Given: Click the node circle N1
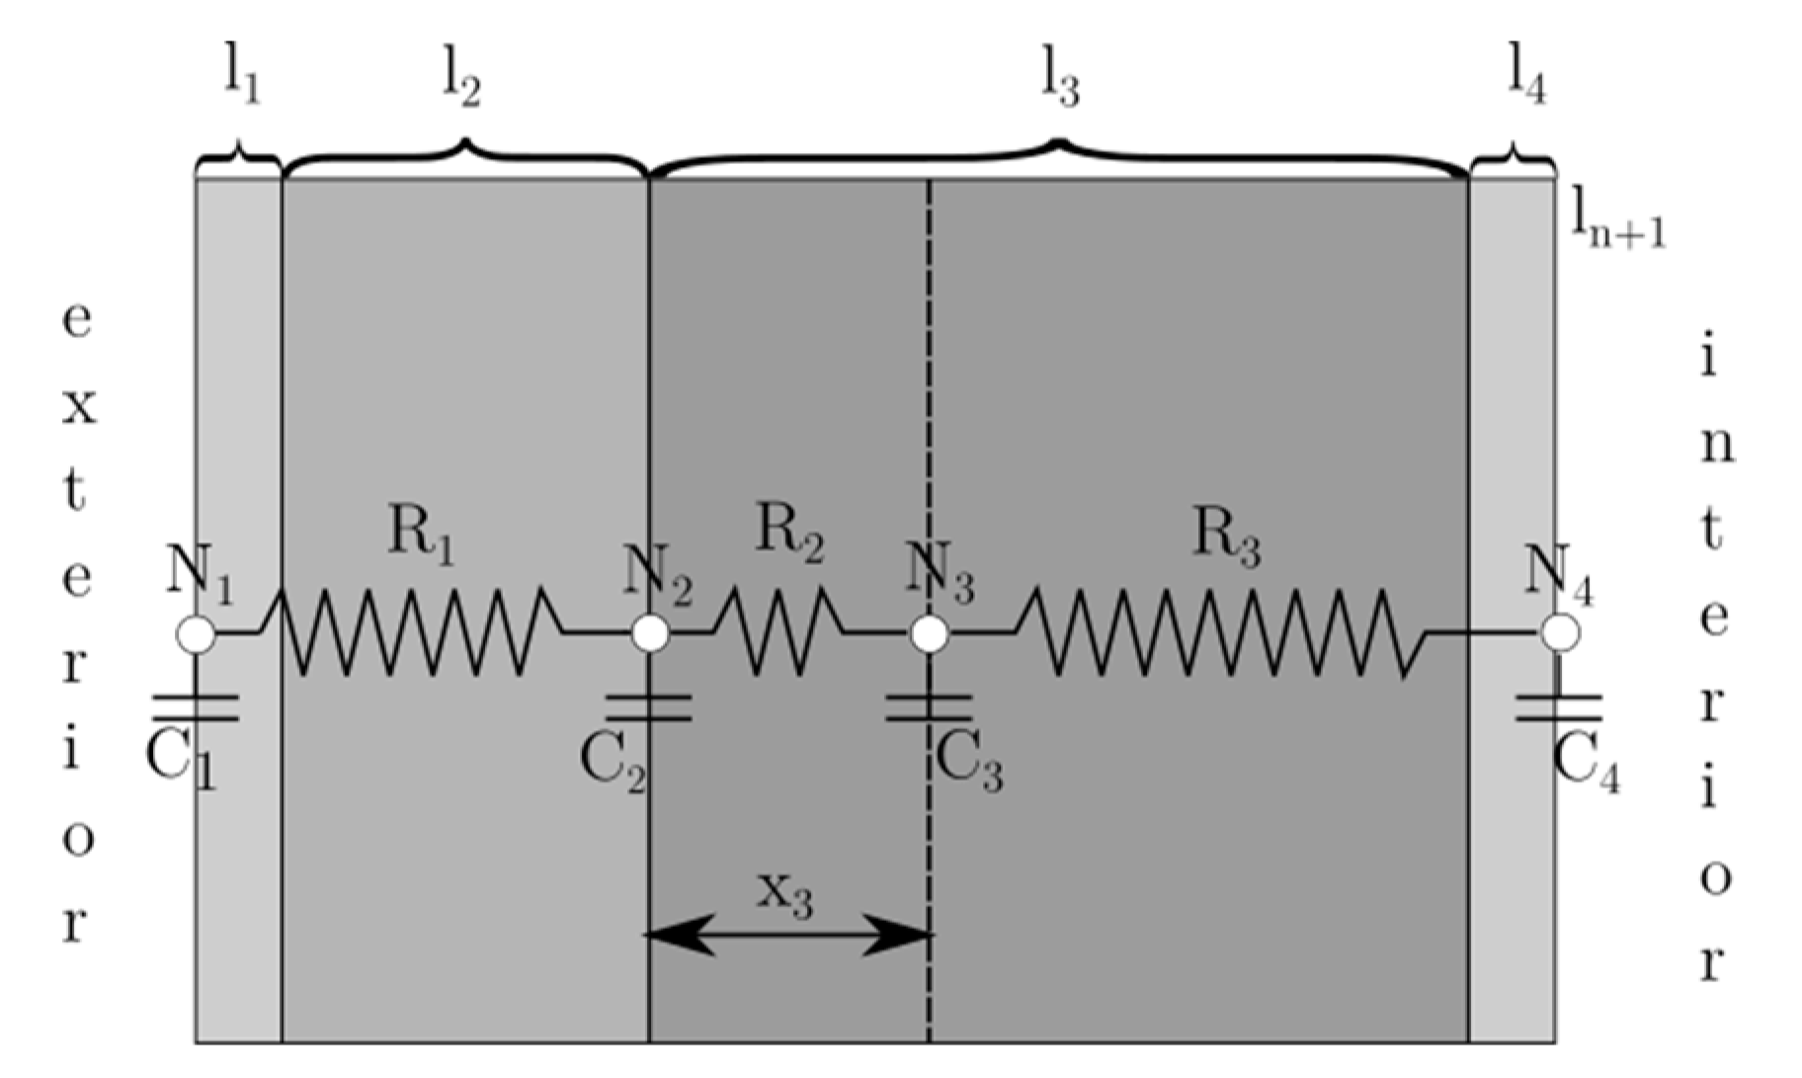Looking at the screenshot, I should point(196,634).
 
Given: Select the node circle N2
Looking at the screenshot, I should point(649,634).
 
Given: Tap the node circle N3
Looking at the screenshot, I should point(929,634).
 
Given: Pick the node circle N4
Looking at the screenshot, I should point(1560,633).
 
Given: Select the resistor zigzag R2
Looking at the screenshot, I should point(778,632).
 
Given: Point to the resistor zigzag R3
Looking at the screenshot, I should point(1221,632).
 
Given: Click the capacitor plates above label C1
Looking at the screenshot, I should point(196,707).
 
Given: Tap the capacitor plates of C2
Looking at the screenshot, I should point(649,707).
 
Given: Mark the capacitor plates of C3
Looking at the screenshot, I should point(929,707).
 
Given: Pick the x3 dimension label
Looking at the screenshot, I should point(785,894).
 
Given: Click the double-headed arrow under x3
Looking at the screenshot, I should point(787,934).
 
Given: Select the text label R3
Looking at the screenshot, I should point(1226,538).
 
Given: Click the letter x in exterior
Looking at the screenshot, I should point(79,406).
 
